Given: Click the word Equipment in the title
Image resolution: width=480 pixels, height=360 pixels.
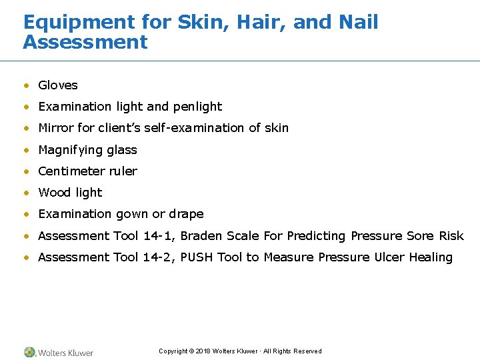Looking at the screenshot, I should pyautogui.click(x=79, y=23).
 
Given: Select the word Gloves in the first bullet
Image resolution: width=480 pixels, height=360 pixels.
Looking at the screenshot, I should pyautogui.click(x=58, y=85).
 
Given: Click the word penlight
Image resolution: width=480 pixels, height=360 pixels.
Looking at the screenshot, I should pyautogui.click(x=197, y=107).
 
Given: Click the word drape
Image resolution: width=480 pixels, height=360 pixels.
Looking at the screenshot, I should pyautogui.click(x=187, y=214).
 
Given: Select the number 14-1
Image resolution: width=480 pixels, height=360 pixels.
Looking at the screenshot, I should pyautogui.click(x=159, y=236).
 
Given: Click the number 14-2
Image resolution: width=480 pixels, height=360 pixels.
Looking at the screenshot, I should pyautogui.click(x=159, y=257).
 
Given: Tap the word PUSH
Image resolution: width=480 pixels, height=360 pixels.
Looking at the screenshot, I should pyautogui.click(x=198, y=257).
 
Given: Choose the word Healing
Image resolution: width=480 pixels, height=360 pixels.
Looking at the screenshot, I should pyautogui.click(x=431, y=257).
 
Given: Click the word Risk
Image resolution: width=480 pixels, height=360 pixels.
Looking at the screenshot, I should pyautogui.click(x=451, y=236).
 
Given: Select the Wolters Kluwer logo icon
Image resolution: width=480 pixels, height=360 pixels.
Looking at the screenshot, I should pyautogui.click(x=30, y=352).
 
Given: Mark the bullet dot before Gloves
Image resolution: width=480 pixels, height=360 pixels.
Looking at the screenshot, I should pyautogui.click(x=27, y=86).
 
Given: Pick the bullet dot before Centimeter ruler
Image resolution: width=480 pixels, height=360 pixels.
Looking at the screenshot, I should pyautogui.click(x=27, y=172).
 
